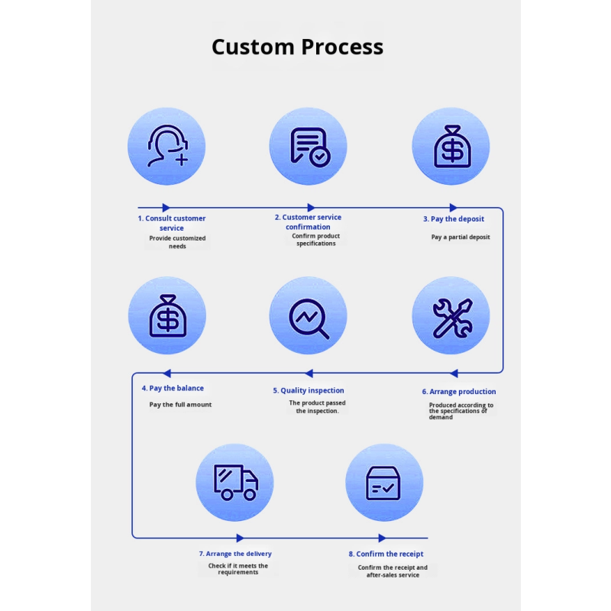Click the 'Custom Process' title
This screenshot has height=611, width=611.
(297, 47)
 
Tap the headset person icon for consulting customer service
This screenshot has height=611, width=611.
(166, 146)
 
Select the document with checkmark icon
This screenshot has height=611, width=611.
(309, 146)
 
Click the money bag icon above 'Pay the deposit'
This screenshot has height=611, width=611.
(451, 146)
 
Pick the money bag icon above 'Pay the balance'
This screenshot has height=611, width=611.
(166, 315)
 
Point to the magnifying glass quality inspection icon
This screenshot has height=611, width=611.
(309, 315)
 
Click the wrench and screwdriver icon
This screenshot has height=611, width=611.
(451, 316)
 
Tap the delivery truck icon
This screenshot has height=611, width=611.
(234, 483)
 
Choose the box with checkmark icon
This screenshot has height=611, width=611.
(383, 483)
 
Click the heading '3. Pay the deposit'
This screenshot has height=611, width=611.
(454, 219)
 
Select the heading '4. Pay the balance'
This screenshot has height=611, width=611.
(173, 388)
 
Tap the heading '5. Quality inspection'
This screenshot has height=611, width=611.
(308, 390)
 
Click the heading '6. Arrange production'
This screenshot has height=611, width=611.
(458, 392)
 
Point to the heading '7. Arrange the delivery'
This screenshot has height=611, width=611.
(234, 554)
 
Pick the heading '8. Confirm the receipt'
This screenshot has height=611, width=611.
(386, 554)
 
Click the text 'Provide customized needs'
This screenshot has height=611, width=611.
(177, 242)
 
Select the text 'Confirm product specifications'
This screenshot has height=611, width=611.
(316, 240)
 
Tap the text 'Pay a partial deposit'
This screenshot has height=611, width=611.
(461, 237)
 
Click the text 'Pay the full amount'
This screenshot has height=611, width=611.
(180, 405)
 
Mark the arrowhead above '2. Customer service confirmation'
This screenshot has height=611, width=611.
(310, 207)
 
